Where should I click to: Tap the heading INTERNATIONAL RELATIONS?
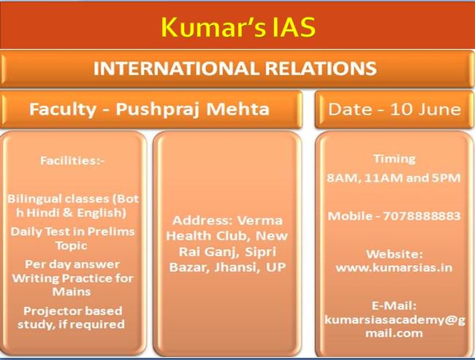235,69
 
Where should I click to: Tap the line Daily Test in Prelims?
73,231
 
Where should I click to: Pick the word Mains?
73,291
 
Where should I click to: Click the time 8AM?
343,177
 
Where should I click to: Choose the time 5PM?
444,177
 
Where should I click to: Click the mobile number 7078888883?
425,216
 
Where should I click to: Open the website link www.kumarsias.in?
393,268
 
